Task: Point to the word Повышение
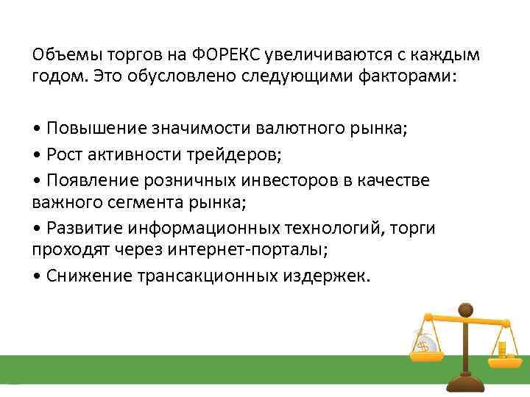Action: [97, 129]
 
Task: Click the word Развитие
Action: [87, 228]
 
